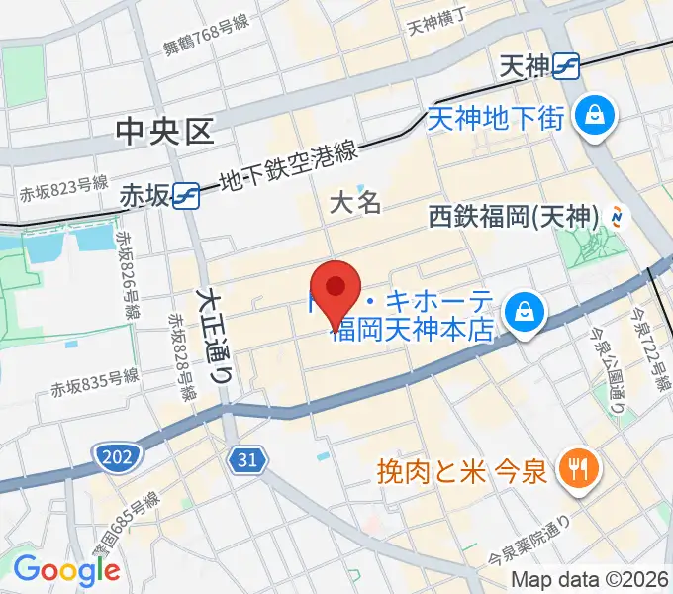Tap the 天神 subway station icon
(567, 66)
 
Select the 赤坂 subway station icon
(186, 195)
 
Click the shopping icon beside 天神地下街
(598, 117)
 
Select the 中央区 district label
(164, 132)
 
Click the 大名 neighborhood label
(354, 203)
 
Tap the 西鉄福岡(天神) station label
(515, 217)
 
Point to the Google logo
(66, 571)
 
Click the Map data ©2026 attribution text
(589, 580)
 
